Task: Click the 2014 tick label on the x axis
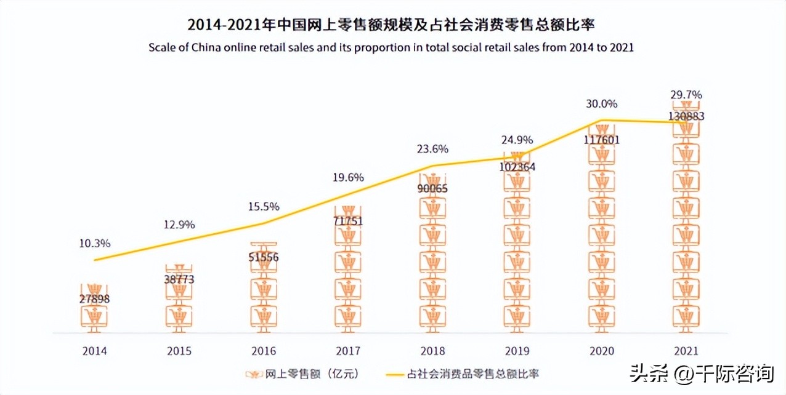pos(95,351)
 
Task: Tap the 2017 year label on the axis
pos(349,351)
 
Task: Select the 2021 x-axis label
pos(687,351)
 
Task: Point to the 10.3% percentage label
pos(95,243)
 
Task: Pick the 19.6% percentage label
pos(349,177)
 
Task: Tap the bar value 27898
pos(95,299)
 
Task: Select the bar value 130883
pos(687,116)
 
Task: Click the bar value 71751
pos(349,220)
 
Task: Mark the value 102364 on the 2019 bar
pos(517,166)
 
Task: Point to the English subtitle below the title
pos(391,47)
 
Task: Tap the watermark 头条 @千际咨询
pos(702,373)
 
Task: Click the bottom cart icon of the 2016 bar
pos(264,316)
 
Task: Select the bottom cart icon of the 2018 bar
pos(433,316)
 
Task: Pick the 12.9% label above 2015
pos(179,225)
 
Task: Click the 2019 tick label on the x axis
pos(517,351)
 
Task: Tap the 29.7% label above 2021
pos(687,95)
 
